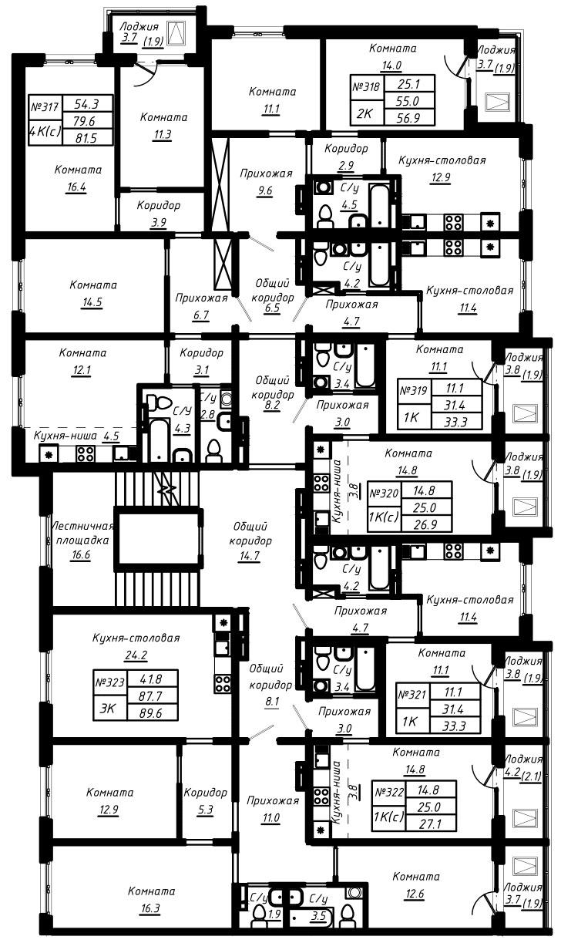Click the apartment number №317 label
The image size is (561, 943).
pyautogui.click(x=45, y=106)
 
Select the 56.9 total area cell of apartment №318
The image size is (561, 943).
pyautogui.click(x=408, y=117)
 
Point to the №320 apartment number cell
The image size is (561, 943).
pyautogui.click(x=385, y=493)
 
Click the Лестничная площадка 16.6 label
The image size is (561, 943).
pyautogui.click(x=82, y=540)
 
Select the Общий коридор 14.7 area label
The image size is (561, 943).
pyautogui.click(x=250, y=541)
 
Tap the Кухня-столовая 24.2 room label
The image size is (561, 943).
pyautogui.click(x=136, y=646)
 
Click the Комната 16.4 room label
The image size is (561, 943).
pyautogui.click(x=77, y=178)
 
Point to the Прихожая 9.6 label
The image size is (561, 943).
pyautogui.click(x=266, y=182)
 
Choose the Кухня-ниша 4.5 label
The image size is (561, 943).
pyautogui.click(x=76, y=436)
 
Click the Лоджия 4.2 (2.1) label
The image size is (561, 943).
pyautogui.click(x=522, y=768)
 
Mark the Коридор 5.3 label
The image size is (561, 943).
pyautogui.click(x=206, y=800)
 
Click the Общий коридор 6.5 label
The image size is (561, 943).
pyautogui.click(x=272, y=295)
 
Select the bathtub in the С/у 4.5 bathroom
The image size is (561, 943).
pyautogui.click(x=380, y=203)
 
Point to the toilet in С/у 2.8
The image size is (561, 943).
pyautogui.click(x=215, y=450)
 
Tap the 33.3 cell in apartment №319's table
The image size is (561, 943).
pyautogui.click(x=457, y=422)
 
